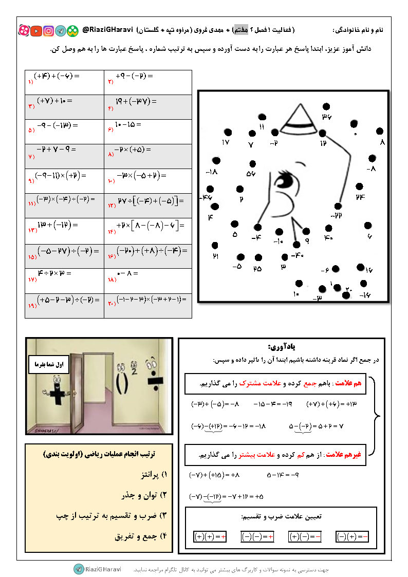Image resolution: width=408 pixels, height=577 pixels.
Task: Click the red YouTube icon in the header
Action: coord(36,31)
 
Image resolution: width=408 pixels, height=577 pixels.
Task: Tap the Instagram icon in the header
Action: coord(48,31)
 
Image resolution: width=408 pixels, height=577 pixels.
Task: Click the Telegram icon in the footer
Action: coord(79,569)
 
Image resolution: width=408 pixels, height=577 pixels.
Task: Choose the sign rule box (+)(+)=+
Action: coord(211,536)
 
